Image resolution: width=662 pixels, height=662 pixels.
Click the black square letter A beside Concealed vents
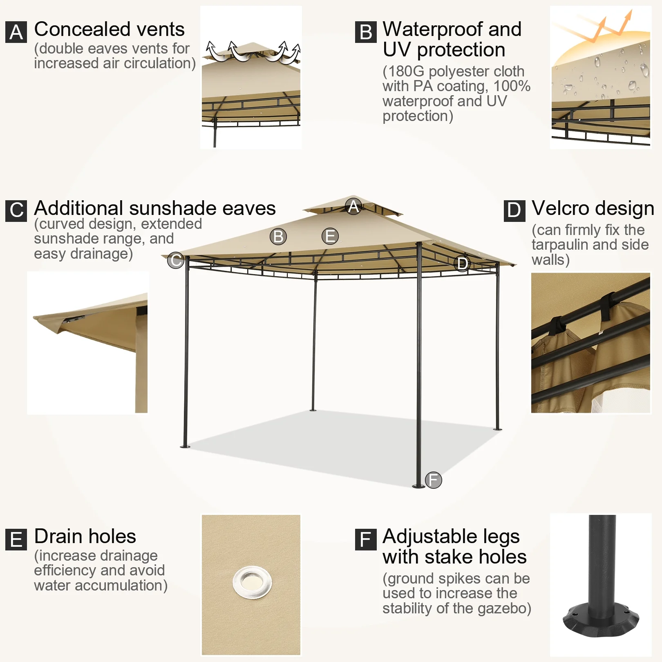pyautogui.click(x=16, y=32)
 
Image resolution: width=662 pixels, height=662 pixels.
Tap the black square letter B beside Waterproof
pyautogui.click(x=366, y=32)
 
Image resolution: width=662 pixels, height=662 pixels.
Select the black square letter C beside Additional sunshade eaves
pyautogui.click(x=16, y=210)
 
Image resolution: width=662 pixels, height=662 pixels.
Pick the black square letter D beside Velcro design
pyautogui.click(x=514, y=210)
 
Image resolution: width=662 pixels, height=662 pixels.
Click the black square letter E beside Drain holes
pyautogui.click(x=16, y=539)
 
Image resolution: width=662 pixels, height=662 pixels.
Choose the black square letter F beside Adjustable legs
pyautogui.click(x=366, y=539)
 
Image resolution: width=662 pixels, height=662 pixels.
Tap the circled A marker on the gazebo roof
pyautogui.click(x=353, y=206)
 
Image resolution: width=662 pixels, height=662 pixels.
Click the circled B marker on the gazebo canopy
pyautogui.click(x=278, y=236)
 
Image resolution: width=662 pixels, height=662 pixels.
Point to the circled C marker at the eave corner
pyautogui.click(x=176, y=260)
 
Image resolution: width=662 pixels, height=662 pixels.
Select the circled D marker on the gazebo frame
pyautogui.click(x=462, y=263)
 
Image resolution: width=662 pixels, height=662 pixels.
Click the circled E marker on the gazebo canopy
pyautogui.click(x=330, y=236)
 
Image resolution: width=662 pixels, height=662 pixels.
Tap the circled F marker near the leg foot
pyautogui.click(x=434, y=480)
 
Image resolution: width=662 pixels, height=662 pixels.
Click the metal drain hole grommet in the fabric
pyautogui.click(x=252, y=582)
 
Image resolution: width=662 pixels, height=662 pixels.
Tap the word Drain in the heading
pyautogui.click(x=58, y=536)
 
